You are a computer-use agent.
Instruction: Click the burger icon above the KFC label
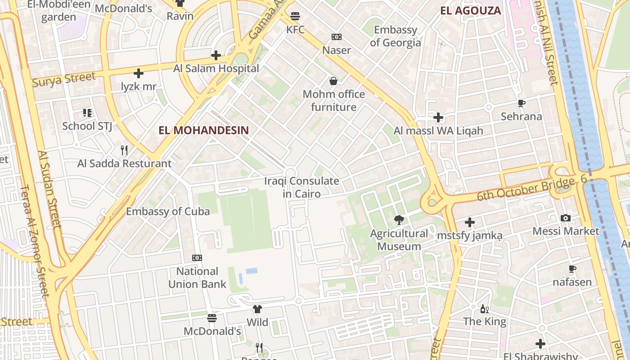pos(295,16)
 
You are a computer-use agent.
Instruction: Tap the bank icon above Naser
pos(336,37)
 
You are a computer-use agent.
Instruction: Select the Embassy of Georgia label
pos(396,36)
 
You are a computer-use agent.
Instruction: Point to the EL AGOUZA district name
pos(470,11)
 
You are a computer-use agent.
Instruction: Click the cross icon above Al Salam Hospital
pos(216,55)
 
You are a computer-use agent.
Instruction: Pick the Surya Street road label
pos(63,79)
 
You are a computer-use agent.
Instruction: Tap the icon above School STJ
pos(87,112)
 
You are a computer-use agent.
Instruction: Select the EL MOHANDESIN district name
pos(203,130)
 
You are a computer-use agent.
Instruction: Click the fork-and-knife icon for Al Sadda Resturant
pos(124,150)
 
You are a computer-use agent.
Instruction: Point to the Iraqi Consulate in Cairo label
pos(301,187)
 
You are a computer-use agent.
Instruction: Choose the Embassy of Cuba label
pos(168,211)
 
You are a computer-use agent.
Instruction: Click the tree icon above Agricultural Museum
pos(399,220)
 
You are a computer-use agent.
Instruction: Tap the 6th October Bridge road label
pos(526,189)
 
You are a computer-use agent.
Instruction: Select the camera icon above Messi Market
pos(566,218)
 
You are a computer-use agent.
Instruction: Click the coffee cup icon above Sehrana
pos(522,103)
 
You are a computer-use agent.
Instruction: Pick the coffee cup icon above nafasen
pos(572,269)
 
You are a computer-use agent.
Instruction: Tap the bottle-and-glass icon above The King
pos(485,309)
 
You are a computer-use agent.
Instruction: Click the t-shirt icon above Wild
pos(257,309)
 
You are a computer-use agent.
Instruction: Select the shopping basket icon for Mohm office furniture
pos(333,81)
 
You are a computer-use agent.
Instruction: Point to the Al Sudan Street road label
pos(49,189)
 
